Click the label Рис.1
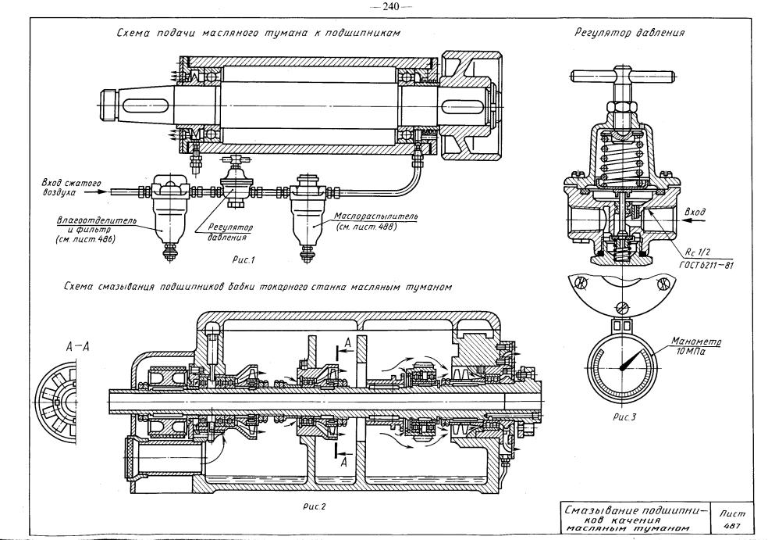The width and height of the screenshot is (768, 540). pos(244,260)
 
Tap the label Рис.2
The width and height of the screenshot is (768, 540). pos(314,506)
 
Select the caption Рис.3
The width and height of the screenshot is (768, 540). pos(624,418)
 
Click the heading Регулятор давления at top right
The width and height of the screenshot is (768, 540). pos(629,33)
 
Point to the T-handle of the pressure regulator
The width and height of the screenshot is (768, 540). pos(624,77)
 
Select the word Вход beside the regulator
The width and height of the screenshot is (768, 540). pos(695,213)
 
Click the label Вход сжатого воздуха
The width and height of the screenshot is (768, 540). pos(72,188)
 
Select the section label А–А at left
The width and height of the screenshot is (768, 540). pos(78,347)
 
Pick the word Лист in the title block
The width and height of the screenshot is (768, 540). pos(732,513)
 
